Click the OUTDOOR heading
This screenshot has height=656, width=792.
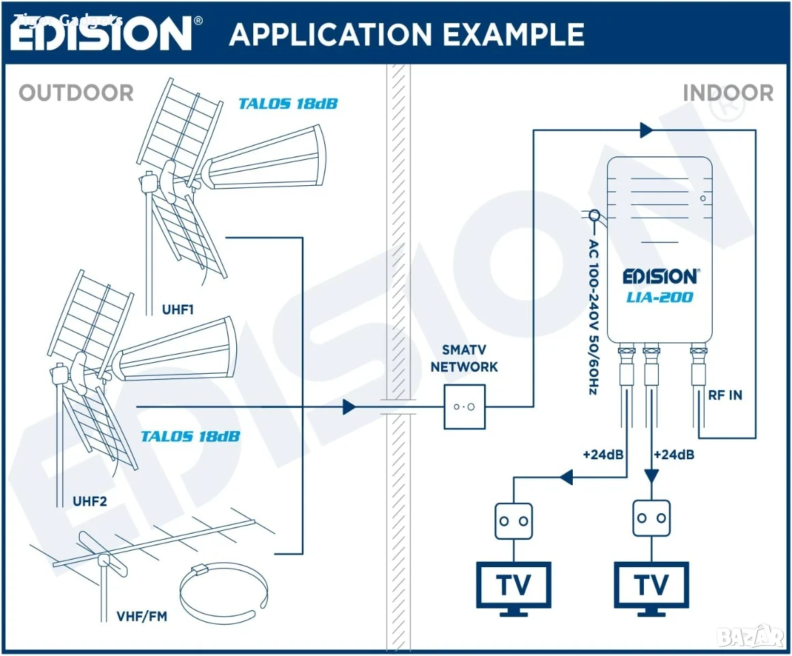(x=76, y=93)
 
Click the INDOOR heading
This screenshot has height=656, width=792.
(x=728, y=93)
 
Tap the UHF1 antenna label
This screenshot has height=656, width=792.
(x=178, y=310)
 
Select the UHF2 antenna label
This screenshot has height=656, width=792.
(x=90, y=502)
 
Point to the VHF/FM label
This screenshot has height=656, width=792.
(x=142, y=616)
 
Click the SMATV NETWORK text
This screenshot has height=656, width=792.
(x=464, y=358)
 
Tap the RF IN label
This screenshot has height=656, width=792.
(x=725, y=395)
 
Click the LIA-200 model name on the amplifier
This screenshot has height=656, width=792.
(x=660, y=297)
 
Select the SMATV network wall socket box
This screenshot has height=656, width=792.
(x=464, y=407)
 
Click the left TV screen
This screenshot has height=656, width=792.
(x=513, y=585)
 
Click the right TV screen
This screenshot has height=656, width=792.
(x=651, y=585)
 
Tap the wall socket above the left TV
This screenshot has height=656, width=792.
(x=513, y=521)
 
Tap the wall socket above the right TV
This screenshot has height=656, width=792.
(x=651, y=518)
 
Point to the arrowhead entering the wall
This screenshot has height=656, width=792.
(x=349, y=407)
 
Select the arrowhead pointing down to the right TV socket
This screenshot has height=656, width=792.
(x=651, y=476)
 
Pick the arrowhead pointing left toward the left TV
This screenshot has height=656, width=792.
(x=566, y=476)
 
